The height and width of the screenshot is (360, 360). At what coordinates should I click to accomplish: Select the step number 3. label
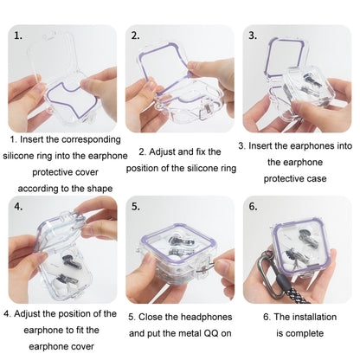pos(253,36)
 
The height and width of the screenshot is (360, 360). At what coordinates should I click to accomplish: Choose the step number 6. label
pos(253,208)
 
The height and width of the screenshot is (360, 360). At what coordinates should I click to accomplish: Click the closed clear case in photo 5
pos(177,255)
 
